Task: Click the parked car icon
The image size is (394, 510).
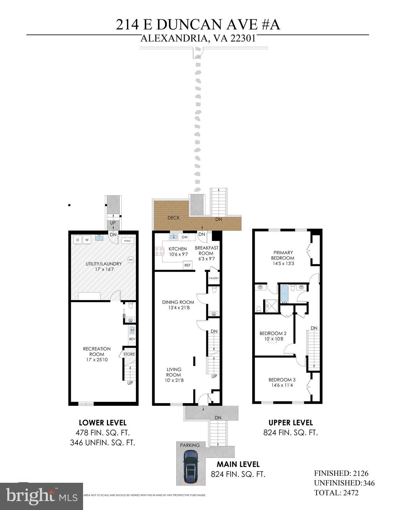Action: [191, 467]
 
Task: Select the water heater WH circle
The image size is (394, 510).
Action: [131, 260]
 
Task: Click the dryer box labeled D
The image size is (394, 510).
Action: [78, 240]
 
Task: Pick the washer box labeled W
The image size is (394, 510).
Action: [87, 240]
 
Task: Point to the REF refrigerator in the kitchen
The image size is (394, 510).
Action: [187, 265]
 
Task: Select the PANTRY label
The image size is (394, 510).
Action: [214, 278]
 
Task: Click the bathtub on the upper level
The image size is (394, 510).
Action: [284, 293]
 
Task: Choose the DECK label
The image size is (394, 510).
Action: [173, 218]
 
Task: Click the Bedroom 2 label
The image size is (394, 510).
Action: [273, 333]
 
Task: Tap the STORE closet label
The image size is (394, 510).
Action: [129, 354]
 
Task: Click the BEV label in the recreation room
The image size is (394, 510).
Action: [132, 339]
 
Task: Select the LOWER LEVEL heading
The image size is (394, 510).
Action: [102, 423]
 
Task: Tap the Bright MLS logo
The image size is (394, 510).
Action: [42, 496]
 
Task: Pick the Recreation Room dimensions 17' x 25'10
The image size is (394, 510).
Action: [97, 360]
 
